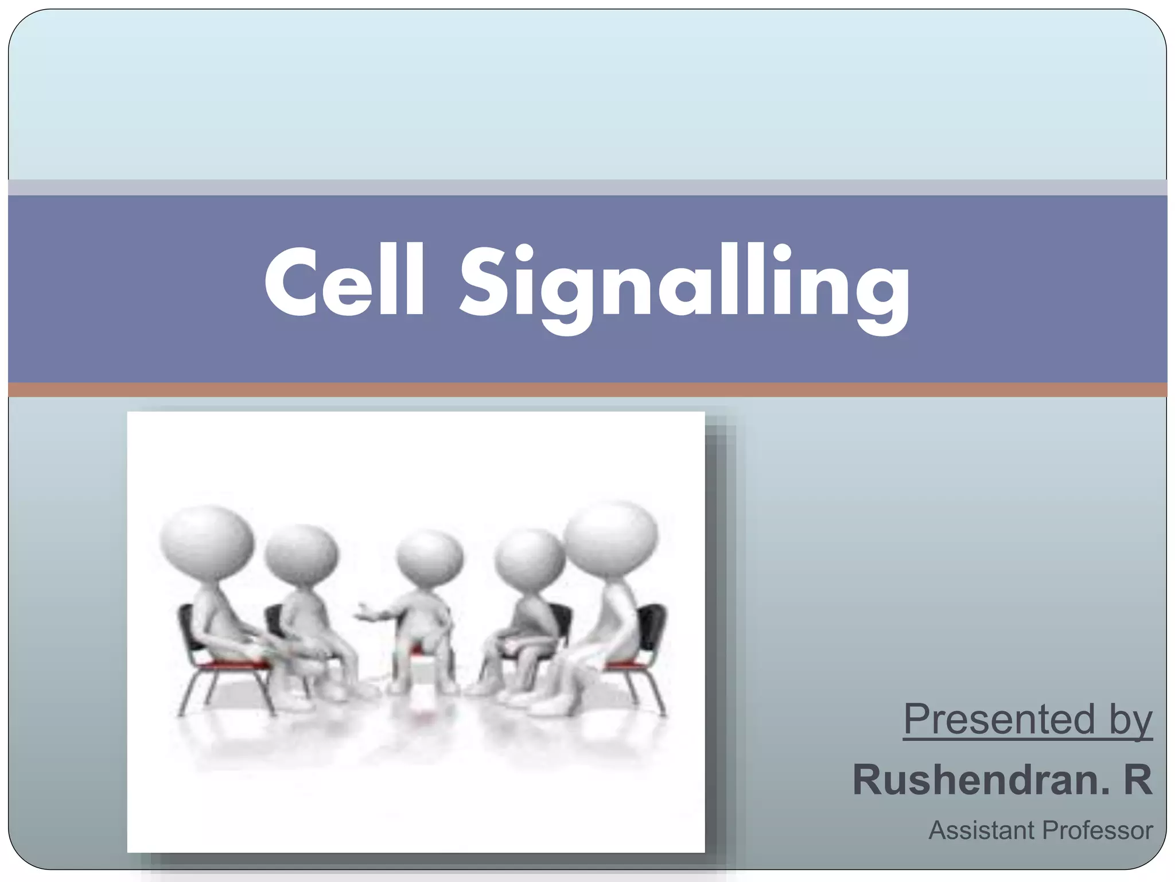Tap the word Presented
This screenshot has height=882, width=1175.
coord(999,719)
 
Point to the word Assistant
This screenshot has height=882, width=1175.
coord(983,830)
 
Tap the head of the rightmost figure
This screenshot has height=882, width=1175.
coord(612,537)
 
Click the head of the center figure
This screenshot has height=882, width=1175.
coord(430,557)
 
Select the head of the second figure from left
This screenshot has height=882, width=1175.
coord(302,554)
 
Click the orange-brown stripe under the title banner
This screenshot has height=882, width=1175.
coord(587,390)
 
